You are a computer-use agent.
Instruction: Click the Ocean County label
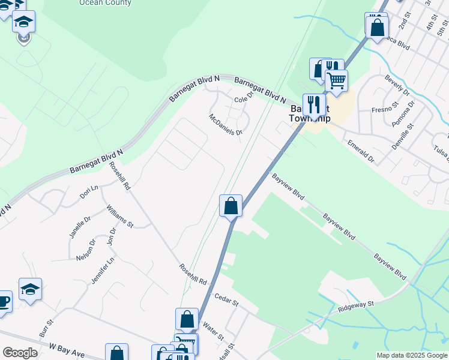click(x=105, y=3)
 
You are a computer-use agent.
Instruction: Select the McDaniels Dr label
click(x=225, y=124)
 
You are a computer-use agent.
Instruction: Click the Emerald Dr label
click(x=361, y=151)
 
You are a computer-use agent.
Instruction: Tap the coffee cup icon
click(x=4, y=301)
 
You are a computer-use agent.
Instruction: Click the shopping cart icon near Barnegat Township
click(x=336, y=80)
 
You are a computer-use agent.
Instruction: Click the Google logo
click(x=20, y=353)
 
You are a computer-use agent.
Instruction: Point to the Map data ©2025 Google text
click(x=412, y=355)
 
